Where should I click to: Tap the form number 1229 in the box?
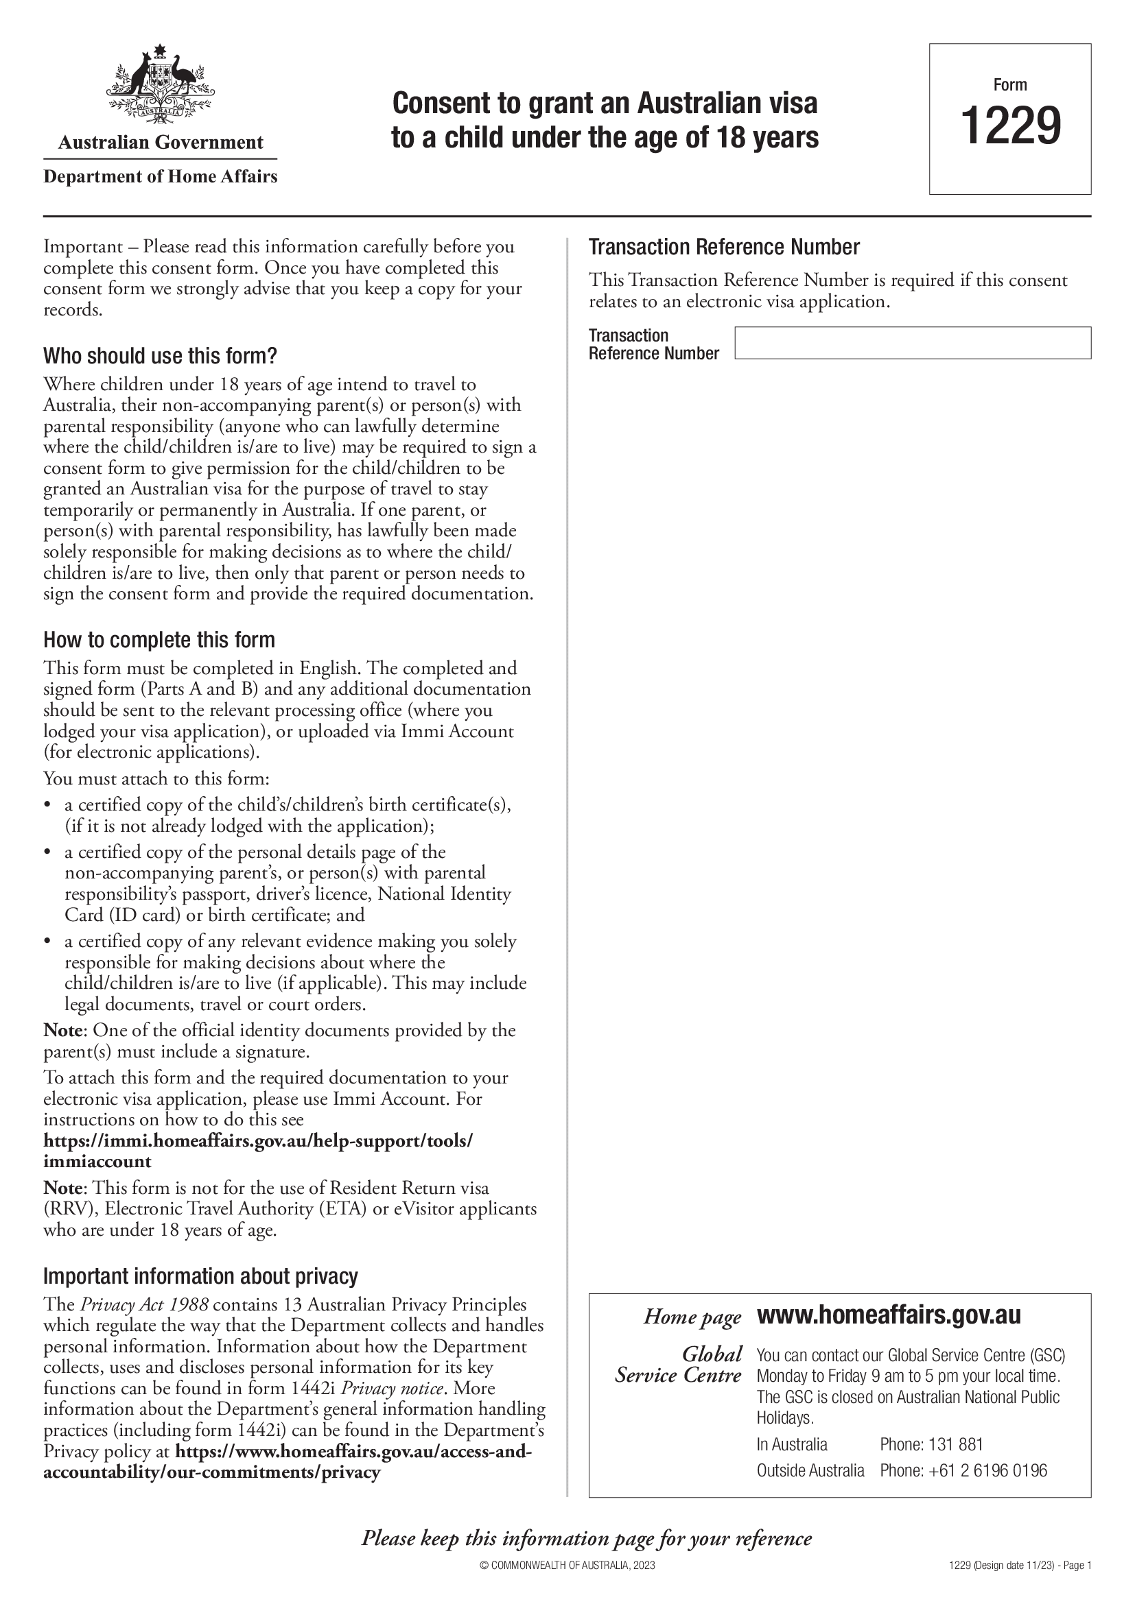pos(1011,125)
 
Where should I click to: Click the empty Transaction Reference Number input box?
pos(912,343)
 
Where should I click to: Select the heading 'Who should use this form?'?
pos(160,357)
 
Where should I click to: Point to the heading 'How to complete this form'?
pos(159,640)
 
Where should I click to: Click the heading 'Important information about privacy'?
pos(200,1276)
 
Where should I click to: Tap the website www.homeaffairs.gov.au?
pos(889,1315)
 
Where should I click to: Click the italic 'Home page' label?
pos(692,1317)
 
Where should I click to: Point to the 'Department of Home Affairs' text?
pos(160,177)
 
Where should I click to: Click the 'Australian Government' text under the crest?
pos(160,143)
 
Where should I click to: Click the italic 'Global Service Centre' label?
pos(678,1365)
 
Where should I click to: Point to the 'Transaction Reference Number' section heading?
pos(724,248)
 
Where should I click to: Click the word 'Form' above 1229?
pos(1010,85)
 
